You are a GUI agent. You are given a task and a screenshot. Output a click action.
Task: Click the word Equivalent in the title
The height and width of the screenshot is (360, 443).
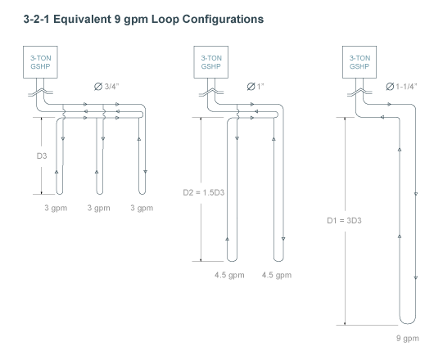(82, 19)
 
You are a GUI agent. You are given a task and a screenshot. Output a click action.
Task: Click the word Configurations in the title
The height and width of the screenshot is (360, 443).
(223, 20)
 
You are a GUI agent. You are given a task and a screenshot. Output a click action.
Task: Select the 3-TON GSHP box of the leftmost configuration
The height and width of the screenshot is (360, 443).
(40, 62)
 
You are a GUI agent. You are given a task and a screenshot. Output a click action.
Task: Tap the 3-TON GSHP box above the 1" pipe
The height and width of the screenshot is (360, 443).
(211, 62)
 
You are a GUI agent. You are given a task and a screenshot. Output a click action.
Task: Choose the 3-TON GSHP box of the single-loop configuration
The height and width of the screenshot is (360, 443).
(359, 62)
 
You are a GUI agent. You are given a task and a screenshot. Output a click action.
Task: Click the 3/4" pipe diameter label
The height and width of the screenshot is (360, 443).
(106, 87)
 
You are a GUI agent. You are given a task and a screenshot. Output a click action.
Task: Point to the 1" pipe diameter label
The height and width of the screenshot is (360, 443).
(255, 87)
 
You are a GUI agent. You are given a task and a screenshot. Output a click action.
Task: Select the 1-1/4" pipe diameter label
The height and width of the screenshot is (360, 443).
(401, 87)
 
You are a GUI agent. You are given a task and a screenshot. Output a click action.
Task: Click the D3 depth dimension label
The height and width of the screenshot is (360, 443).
(42, 155)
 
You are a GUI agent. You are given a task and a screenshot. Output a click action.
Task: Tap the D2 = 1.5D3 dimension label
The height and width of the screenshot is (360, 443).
(204, 192)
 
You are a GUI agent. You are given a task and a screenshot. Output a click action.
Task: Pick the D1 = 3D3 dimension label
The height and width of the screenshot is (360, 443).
(344, 221)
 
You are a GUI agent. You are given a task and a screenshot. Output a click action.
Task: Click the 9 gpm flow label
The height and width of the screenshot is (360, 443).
(408, 338)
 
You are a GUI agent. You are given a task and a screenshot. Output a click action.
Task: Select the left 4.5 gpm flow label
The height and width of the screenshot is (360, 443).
(229, 275)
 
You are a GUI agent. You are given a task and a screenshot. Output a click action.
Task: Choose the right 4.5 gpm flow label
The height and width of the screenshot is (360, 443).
(277, 275)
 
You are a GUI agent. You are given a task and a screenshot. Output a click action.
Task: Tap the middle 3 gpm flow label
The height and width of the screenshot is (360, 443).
(98, 208)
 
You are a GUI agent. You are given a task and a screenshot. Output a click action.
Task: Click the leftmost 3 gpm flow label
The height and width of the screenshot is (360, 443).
(56, 208)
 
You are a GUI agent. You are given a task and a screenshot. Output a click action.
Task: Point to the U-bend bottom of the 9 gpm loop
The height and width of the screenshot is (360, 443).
(408, 323)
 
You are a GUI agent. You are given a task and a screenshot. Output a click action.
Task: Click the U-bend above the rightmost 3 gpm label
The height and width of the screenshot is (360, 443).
(142, 194)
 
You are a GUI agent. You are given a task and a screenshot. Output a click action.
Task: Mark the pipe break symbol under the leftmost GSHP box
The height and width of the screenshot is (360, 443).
(40, 92)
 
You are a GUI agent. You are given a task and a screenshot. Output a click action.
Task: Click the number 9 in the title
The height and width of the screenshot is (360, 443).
(118, 19)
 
